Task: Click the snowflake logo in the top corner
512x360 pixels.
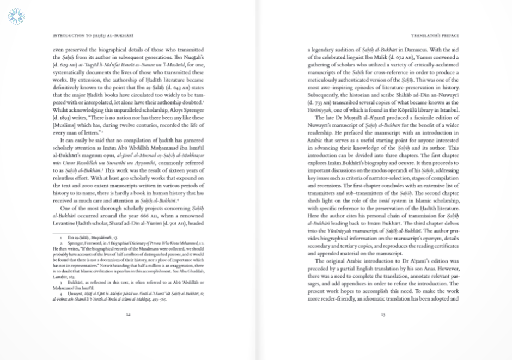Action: (x=16, y=16)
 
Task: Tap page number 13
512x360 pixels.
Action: (x=383, y=314)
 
